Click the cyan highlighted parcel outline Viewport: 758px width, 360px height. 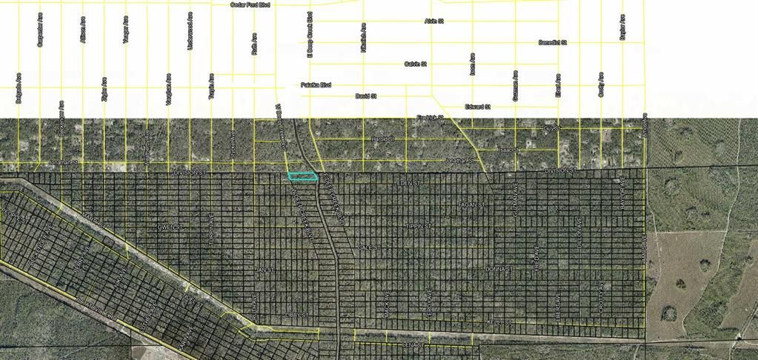click(302, 176)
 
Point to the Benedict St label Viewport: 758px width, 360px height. click(552, 43)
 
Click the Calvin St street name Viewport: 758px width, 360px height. click(415, 64)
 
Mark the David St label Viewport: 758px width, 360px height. click(366, 96)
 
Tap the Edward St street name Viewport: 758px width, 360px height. click(478, 107)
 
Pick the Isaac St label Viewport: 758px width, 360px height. click(506, 150)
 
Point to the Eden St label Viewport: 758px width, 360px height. click(408, 182)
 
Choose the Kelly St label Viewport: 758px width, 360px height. click(500, 322)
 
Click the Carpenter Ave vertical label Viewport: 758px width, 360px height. click(40, 30)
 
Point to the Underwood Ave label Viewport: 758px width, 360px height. click(191, 30)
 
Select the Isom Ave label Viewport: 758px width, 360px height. click(472, 64)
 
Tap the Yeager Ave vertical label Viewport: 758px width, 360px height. click(126, 30)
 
